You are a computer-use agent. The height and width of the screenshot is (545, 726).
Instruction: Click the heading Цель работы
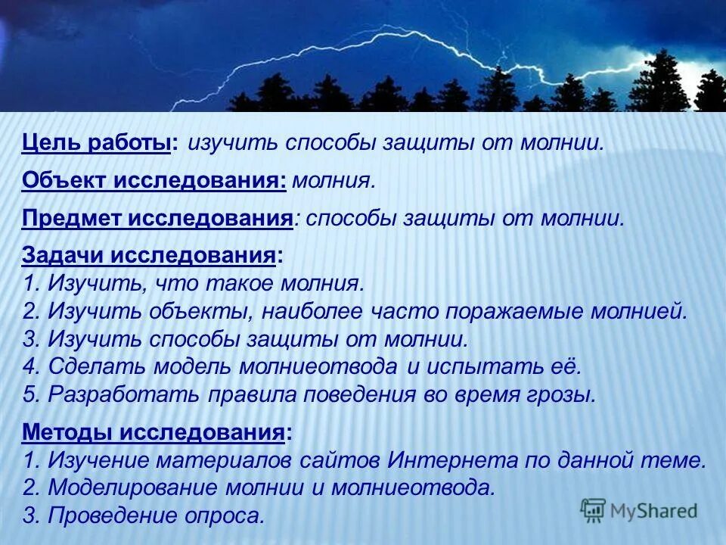tap(97, 143)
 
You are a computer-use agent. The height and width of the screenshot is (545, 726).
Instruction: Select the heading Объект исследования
tap(154, 180)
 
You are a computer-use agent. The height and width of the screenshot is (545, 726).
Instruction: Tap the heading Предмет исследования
tap(157, 218)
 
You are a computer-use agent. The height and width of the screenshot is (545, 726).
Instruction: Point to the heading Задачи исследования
tap(148, 256)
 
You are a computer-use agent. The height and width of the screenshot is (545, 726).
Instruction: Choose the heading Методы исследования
tap(154, 432)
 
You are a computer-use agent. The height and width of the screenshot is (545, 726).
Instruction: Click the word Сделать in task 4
tap(97, 366)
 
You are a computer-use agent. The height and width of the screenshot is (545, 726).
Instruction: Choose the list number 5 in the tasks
tap(29, 394)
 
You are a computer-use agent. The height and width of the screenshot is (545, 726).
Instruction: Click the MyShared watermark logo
tap(638, 511)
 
